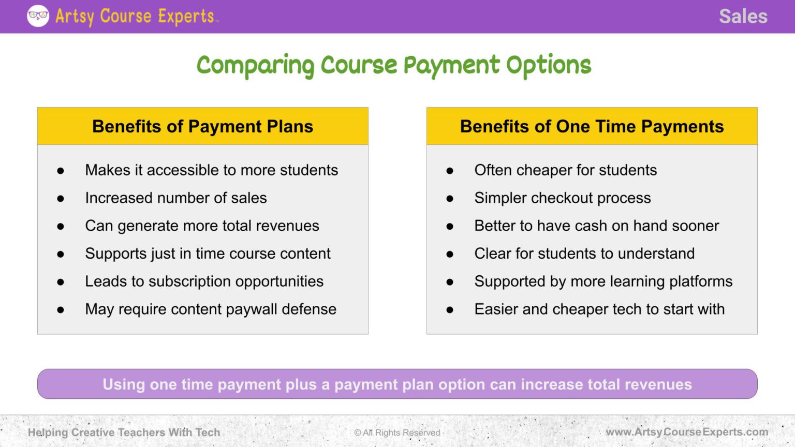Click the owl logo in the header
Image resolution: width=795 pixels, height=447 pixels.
(x=38, y=16)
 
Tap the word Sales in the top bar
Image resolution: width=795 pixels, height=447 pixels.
(x=743, y=17)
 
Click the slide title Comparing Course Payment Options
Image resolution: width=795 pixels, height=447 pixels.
(x=394, y=66)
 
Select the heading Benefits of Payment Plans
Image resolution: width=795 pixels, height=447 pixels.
(x=202, y=126)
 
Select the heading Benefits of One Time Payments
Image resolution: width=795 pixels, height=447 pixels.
(x=592, y=126)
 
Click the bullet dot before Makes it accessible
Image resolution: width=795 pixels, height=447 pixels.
(x=61, y=171)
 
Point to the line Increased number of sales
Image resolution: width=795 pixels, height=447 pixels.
(x=176, y=198)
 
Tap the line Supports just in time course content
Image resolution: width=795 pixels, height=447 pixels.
(x=208, y=254)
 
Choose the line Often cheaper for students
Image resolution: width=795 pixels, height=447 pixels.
(x=565, y=170)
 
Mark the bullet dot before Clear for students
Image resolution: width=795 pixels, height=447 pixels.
(x=450, y=254)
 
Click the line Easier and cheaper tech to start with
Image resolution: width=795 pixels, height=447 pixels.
(x=599, y=309)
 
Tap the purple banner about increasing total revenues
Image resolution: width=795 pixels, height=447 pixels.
(x=397, y=384)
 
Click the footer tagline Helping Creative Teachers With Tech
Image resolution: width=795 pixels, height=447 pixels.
(x=124, y=433)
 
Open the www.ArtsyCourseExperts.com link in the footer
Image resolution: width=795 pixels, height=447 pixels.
(x=687, y=432)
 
